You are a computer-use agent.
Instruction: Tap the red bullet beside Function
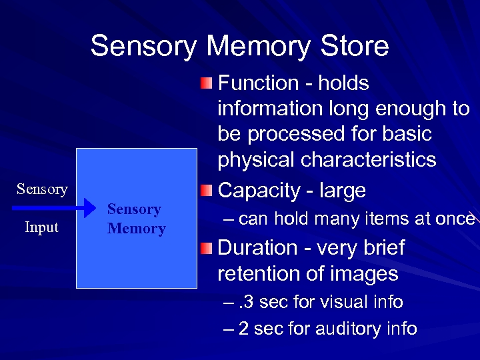pyautogui.click(x=207, y=83)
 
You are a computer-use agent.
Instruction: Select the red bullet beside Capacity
pyautogui.click(x=207, y=191)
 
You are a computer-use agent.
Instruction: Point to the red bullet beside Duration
pyautogui.click(x=207, y=248)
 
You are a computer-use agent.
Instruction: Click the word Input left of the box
pyautogui.click(x=41, y=227)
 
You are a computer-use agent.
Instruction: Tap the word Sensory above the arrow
pyautogui.click(x=42, y=189)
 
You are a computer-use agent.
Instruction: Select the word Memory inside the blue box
pyautogui.click(x=136, y=229)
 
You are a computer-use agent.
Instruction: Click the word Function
pyautogui.click(x=258, y=83)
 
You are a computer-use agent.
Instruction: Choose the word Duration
pyautogui.click(x=258, y=248)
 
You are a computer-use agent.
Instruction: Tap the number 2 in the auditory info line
pyautogui.click(x=243, y=329)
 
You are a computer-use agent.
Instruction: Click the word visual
pyautogui.click(x=340, y=303)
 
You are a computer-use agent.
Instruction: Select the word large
pyautogui.click(x=343, y=191)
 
